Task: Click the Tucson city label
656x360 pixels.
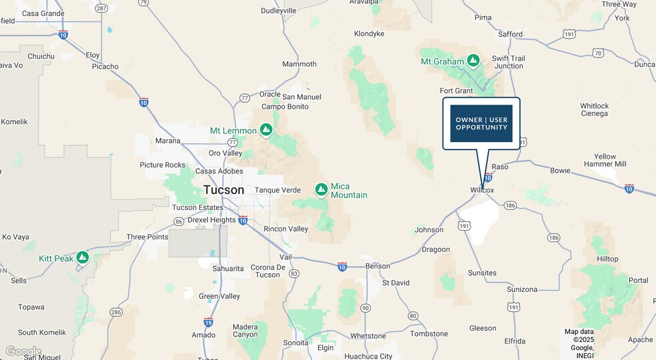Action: click(x=223, y=190)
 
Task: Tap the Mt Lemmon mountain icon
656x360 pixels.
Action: click(x=266, y=129)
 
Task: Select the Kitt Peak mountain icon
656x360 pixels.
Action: click(x=83, y=257)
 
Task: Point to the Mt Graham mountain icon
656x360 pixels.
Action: click(x=473, y=61)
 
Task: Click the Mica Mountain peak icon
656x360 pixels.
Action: click(x=321, y=190)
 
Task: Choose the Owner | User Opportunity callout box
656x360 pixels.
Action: click(x=481, y=123)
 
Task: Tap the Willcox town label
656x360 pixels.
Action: click(x=482, y=190)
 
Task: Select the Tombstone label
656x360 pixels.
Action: click(x=429, y=333)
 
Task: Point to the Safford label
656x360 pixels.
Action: click(x=510, y=34)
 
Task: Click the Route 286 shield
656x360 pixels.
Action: click(x=117, y=311)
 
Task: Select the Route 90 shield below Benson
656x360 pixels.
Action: click(x=365, y=307)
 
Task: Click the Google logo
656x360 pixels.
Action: click(x=23, y=351)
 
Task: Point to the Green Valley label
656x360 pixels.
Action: click(x=219, y=296)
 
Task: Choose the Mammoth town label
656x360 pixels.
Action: click(x=299, y=64)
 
